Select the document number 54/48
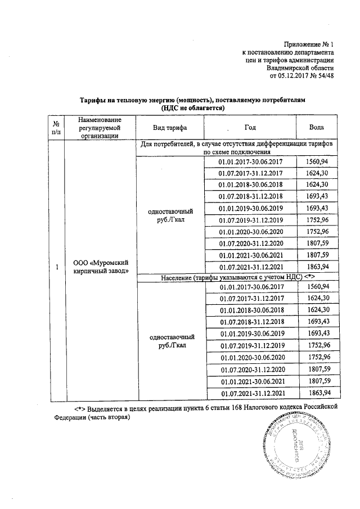coord(326,76)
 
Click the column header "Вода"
coord(316,128)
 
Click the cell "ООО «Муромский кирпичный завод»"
coord(100,267)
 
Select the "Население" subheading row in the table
coord(236,278)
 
